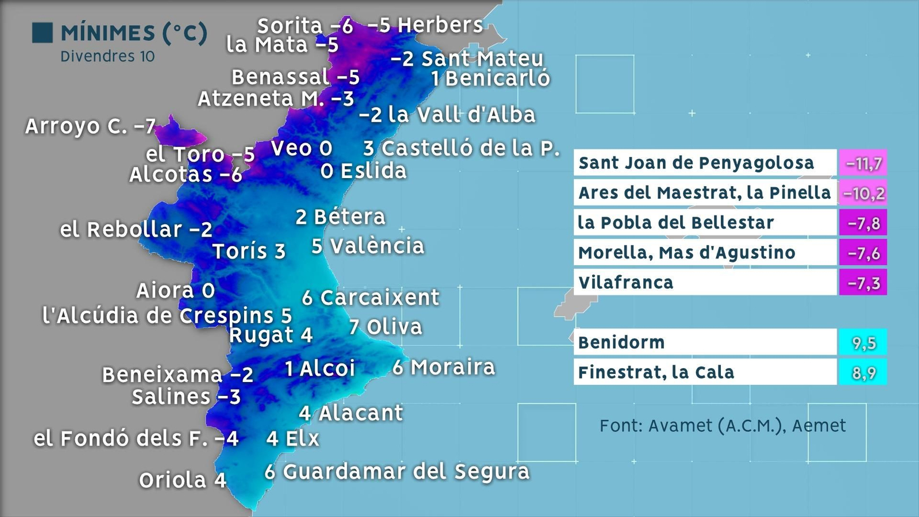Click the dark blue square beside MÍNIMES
tap(43, 33)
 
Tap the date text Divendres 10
tap(107, 56)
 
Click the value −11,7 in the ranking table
tap(863, 164)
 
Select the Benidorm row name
tap(621, 342)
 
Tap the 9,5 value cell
tap(863, 343)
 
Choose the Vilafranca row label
tap(626, 283)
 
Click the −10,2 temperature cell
tap(863, 194)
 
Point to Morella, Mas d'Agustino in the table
tap(687, 253)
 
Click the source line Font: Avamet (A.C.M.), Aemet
tap(723, 426)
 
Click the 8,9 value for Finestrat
tap(863, 373)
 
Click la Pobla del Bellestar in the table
tap(676, 223)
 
